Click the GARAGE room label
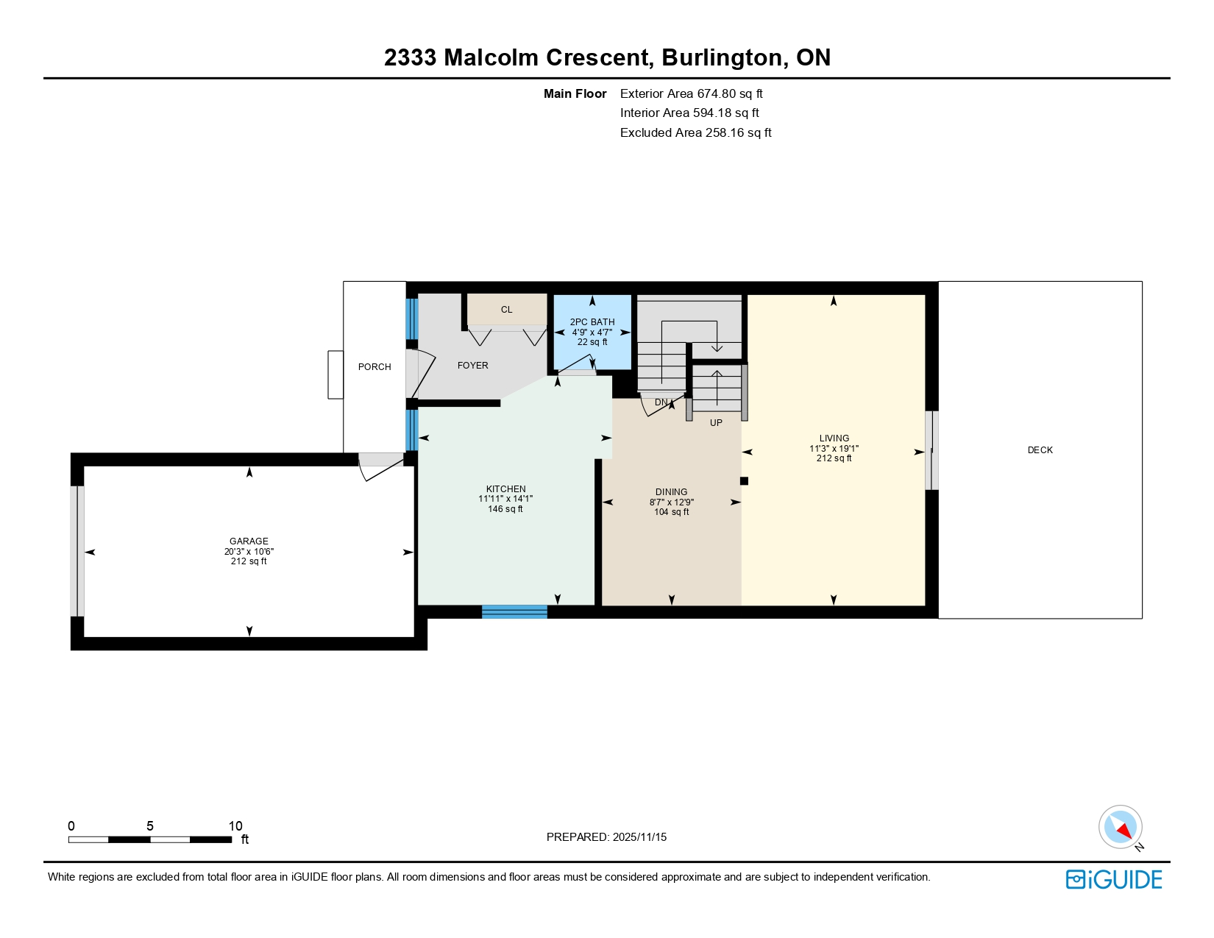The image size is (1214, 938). pos(249,541)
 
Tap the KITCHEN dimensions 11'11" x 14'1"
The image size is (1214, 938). pos(505,499)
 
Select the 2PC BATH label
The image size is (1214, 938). pos(592,321)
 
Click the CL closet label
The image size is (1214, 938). pos(506,310)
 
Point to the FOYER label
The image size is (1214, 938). pos(472,366)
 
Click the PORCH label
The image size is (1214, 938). pos(375,367)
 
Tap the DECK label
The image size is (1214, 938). pos(1040,450)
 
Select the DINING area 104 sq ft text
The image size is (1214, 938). pos(671,512)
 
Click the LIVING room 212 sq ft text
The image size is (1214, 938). pos(834,458)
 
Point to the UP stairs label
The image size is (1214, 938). pos(716,423)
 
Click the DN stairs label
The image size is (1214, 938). pos(661,402)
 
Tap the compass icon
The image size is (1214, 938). pos(1120,827)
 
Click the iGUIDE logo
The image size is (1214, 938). pos(1114,879)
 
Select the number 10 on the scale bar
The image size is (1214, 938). pos(235,826)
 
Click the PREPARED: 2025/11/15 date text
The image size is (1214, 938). pos(606,837)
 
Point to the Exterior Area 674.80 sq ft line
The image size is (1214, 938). pos(691,93)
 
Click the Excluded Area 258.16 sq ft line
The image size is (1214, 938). pos(695,132)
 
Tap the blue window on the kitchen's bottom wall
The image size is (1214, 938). pos(514,611)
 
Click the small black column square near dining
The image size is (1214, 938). pos(744,481)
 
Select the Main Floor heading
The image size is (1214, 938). pos(575,93)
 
